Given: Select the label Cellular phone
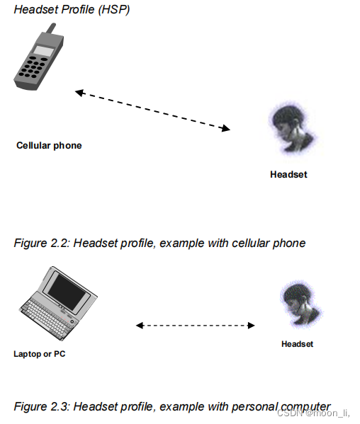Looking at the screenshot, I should [x=49, y=146].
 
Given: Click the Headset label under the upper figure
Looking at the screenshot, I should [x=288, y=174].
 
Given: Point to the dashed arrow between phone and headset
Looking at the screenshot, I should [x=152, y=110].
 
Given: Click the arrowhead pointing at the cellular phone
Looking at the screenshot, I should [x=79, y=92].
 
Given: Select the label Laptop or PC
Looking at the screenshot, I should [x=40, y=353].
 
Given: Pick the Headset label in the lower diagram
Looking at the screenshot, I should [x=297, y=344].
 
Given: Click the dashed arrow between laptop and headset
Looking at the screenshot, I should [x=195, y=326].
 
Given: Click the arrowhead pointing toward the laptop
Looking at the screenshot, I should [x=140, y=326].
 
